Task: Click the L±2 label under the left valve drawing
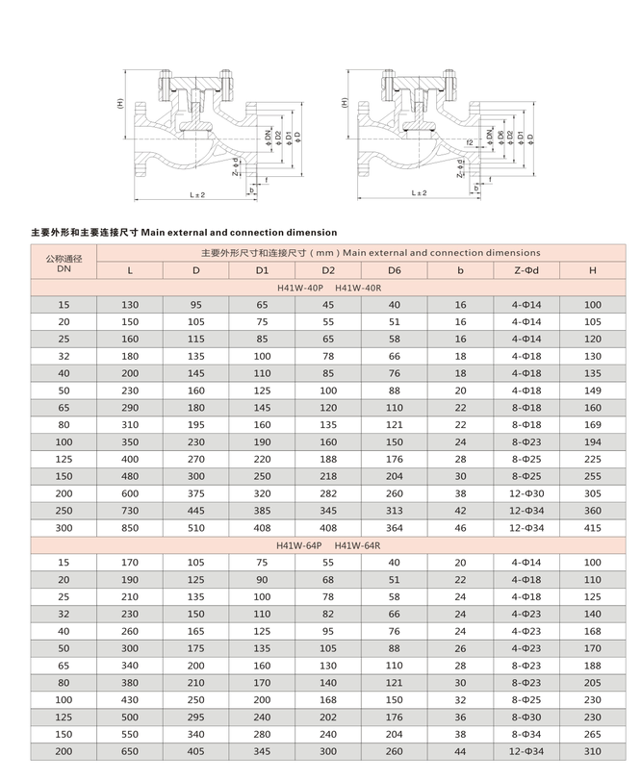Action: pyautogui.click(x=197, y=194)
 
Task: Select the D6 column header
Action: pyautogui.click(x=394, y=270)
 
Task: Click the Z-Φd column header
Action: pyautogui.click(x=526, y=270)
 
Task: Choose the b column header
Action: pyautogui.click(x=460, y=270)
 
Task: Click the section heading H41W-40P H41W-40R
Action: pyautogui.click(x=328, y=288)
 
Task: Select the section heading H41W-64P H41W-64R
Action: pyautogui.click(x=328, y=545)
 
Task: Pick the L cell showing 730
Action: pyautogui.click(x=130, y=511)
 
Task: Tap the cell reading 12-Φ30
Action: pyautogui.click(x=526, y=493)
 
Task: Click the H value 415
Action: pyautogui.click(x=592, y=528)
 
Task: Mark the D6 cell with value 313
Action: pyautogui.click(x=394, y=511)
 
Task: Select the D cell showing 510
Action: pyautogui.click(x=195, y=528)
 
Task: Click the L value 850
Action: pyautogui.click(x=130, y=528)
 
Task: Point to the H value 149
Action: pyautogui.click(x=592, y=390)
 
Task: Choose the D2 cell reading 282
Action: pyautogui.click(x=328, y=493)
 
